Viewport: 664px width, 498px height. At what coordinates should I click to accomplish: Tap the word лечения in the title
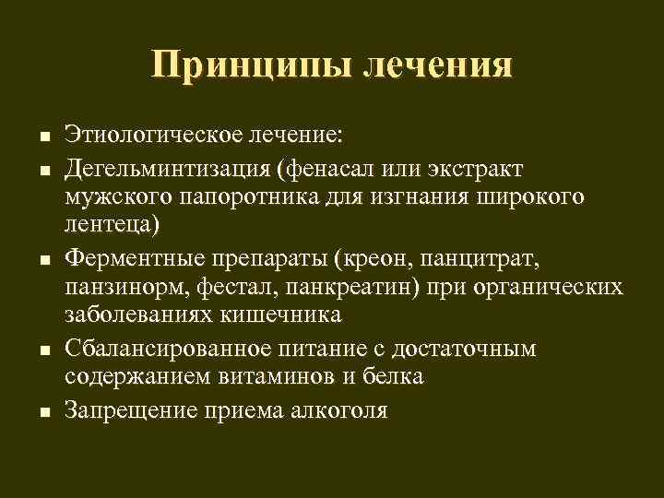coord(438,67)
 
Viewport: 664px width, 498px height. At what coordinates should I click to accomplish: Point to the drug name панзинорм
coord(125,285)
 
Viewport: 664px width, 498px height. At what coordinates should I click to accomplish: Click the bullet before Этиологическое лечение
coord(44,137)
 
